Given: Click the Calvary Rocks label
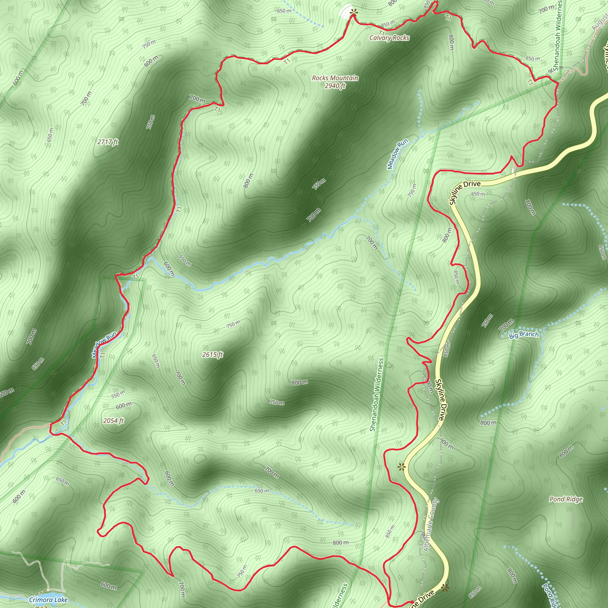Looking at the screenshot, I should (389, 38).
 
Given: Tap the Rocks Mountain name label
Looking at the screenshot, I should (335, 78).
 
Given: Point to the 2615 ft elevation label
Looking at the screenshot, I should (213, 355).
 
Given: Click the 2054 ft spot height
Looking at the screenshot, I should (113, 421).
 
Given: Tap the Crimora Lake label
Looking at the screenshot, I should (48, 599).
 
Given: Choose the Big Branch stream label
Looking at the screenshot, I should (523, 335).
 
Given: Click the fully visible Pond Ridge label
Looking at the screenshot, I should (566, 499).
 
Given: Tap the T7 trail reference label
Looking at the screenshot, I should (448, 18).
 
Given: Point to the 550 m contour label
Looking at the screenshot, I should (118, 394).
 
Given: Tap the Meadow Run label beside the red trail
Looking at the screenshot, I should (104, 345).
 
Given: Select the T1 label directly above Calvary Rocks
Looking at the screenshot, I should (382, 33).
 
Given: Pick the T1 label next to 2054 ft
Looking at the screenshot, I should (64, 422).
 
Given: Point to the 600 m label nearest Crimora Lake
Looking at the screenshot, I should (109, 586).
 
